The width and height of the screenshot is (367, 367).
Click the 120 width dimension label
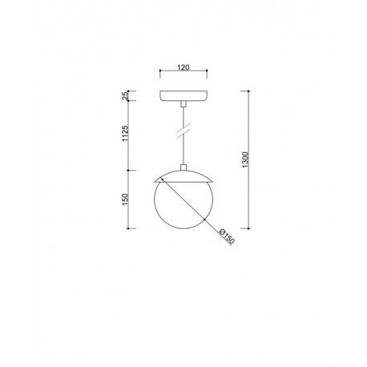coord(183,67)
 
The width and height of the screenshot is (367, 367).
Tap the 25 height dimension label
coord(125,95)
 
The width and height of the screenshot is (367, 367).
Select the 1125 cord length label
coord(125,134)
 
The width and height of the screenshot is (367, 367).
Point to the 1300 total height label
coord(245,159)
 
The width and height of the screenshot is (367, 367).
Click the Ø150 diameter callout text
coord(227,236)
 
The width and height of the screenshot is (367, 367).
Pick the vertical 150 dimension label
coord(125,200)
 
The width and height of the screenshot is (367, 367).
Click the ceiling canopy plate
coord(183,96)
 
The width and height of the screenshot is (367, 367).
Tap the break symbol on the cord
coord(183,131)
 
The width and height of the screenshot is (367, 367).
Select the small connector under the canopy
coord(183,104)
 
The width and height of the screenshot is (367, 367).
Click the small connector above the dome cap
coord(183,167)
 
